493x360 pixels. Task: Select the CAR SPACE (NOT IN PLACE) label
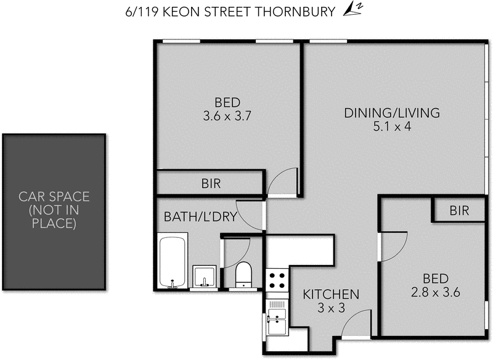coord(54,210)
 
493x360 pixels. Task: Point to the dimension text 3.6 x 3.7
coord(227,115)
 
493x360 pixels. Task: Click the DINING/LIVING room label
coord(392,113)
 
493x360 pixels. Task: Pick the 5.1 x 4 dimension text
coord(392,127)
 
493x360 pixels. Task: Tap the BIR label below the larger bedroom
coord(211,183)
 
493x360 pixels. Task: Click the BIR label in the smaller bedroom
coord(458,211)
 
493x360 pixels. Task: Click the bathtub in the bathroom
coord(172,261)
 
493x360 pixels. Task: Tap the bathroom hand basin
coord(204,277)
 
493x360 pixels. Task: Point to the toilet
coord(244,274)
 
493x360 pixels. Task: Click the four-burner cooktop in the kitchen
coord(277,280)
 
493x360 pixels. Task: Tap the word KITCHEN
coord(331,294)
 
